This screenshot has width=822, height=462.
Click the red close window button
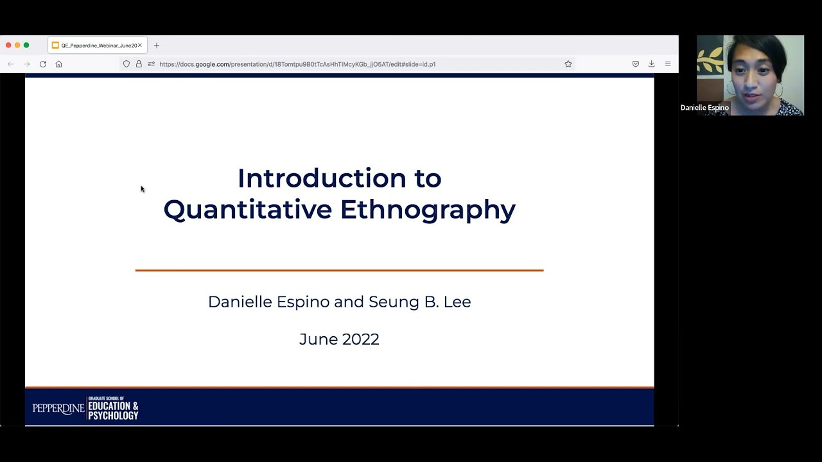point(8,45)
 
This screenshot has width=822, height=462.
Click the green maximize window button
point(26,45)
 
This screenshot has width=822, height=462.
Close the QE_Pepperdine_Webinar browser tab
point(139,46)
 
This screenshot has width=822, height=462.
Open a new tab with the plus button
point(156,46)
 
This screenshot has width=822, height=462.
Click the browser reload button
point(43,64)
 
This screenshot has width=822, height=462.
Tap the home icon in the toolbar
point(58,64)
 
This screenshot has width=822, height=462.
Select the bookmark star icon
point(568,64)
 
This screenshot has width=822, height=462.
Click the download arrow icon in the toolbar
point(651,64)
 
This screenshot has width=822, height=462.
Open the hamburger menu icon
point(668,64)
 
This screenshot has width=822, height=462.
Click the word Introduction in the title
point(322,178)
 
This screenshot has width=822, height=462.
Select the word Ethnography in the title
point(428,210)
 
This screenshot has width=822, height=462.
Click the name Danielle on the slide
point(240,302)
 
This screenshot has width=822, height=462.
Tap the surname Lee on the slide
point(457,302)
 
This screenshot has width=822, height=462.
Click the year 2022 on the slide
point(360,339)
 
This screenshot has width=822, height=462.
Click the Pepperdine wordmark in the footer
point(58,409)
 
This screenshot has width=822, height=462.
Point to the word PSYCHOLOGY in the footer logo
point(114,415)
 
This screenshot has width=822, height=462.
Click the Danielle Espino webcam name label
point(704,108)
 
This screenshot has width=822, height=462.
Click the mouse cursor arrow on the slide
point(142,189)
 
